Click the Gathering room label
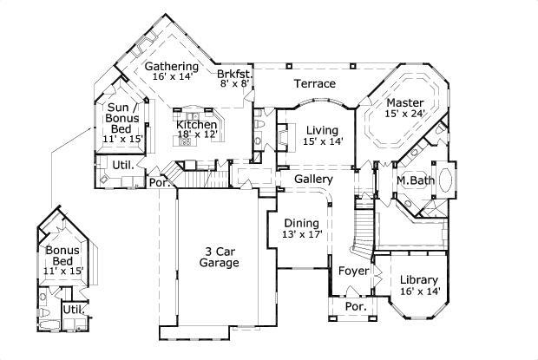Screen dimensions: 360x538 pos(171,66)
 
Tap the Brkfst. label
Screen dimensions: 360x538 pos(234,75)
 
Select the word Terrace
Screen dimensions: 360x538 pos(314,84)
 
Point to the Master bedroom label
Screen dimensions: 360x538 pos(405,102)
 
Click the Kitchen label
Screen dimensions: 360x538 pos(196,124)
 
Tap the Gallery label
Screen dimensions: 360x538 pos(313,179)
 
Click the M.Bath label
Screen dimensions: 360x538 pos(414,180)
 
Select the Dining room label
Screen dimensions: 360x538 pos(301,222)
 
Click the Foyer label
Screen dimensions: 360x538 pos(353,271)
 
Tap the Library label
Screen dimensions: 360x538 pos(420,279)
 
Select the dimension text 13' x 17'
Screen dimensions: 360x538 pos(301,234)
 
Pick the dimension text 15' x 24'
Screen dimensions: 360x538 pos(405,114)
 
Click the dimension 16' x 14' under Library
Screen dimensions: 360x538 pos(420,291)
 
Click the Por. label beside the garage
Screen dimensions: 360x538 pos(158,183)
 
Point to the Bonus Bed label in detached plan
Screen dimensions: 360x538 pos(62,257)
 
